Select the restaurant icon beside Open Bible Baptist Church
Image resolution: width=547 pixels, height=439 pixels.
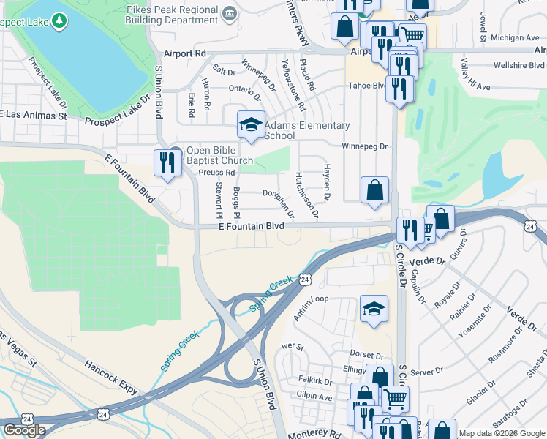[164, 162]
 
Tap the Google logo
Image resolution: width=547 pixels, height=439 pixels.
[24, 430]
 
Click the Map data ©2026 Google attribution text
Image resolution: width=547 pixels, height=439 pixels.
[502, 434]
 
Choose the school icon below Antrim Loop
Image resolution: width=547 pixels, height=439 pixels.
[374, 309]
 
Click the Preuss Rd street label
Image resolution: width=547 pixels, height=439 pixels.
[216, 173]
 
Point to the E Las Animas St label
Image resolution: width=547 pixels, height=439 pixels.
[34, 115]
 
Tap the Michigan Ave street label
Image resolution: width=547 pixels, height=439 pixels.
[515, 37]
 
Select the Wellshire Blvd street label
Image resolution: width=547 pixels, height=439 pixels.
[520, 65]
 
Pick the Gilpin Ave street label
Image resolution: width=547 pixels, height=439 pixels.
[315, 396]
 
